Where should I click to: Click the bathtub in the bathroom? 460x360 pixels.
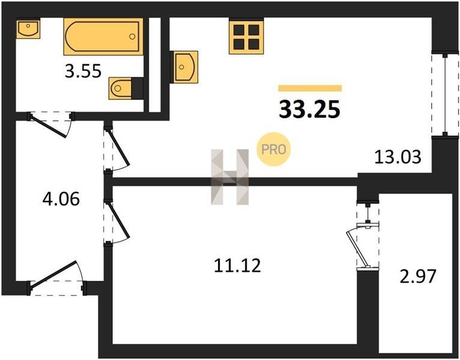(x=103, y=37)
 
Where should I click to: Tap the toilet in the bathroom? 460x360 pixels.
(x=126, y=88)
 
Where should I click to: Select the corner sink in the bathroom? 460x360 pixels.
(x=28, y=29)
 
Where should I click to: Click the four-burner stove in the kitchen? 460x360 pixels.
(x=246, y=37)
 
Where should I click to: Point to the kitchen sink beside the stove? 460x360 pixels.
(x=184, y=67)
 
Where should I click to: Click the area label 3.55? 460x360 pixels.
(x=83, y=71)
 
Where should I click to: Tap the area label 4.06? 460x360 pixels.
(x=61, y=199)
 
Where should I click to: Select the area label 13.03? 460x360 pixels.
(x=398, y=157)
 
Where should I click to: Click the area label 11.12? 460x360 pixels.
(x=237, y=266)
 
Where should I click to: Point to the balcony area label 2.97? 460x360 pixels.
(x=418, y=277)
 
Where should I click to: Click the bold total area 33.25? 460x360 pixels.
(x=309, y=109)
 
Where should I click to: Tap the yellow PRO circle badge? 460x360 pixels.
(x=273, y=149)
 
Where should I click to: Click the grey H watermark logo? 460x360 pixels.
(x=230, y=177)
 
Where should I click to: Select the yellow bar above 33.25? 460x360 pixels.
(x=310, y=88)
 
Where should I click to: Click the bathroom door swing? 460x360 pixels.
(x=50, y=125)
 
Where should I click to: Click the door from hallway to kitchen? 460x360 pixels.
(x=117, y=149)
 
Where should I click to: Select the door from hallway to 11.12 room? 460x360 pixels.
(x=117, y=222)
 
